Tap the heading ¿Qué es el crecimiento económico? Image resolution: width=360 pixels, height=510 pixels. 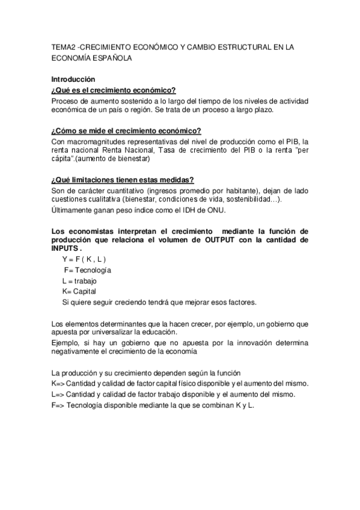point(113,90)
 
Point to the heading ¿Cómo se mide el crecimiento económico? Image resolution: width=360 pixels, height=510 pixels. point(126,131)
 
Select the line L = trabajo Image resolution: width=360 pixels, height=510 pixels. point(79,281)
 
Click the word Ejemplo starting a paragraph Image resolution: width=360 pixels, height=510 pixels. point(68,342)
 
